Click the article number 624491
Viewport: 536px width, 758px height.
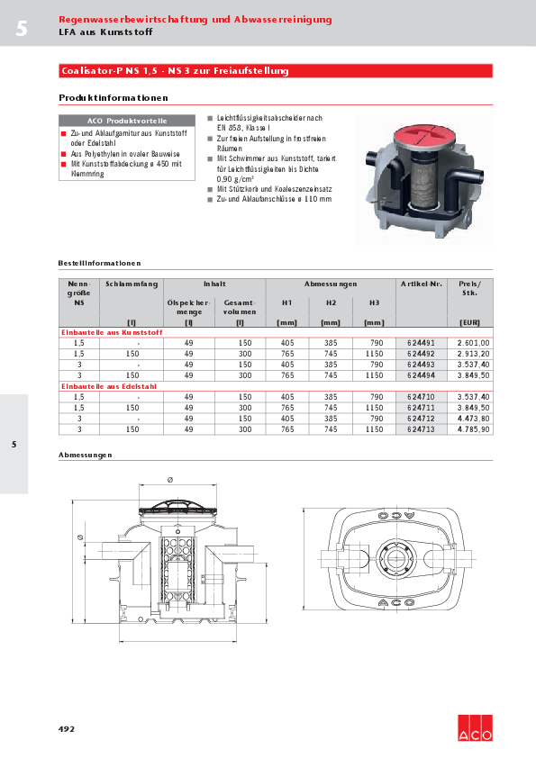421,343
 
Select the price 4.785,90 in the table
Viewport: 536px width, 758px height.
473,429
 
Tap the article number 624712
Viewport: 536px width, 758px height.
421,419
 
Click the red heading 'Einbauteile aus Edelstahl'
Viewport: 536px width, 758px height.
97,386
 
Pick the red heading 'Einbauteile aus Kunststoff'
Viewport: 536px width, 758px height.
99,333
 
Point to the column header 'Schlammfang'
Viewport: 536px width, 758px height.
132,284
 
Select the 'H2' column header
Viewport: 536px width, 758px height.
331,302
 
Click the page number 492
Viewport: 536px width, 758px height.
67,727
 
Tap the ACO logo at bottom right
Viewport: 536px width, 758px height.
475,728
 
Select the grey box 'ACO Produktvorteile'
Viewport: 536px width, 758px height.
126,120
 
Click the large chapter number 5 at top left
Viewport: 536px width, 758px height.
21,29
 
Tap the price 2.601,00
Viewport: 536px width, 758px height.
473,343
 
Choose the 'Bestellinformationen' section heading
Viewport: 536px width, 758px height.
99,263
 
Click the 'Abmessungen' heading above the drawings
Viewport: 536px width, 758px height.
85,456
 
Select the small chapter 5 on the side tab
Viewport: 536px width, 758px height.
14,445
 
